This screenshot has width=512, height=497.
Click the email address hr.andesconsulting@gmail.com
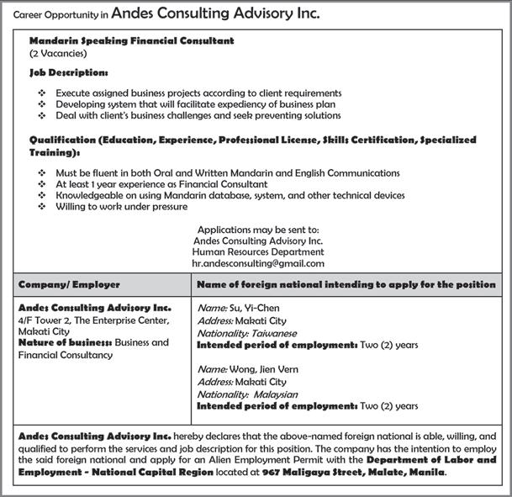pyautogui.click(x=257, y=263)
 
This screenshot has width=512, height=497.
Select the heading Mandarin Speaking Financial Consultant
pyautogui.click(x=131, y=40)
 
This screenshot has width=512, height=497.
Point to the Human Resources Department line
pyautogui.click(x=257, y=251)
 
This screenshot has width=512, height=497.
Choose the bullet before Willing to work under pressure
pyautogui.click(x=43, y=206)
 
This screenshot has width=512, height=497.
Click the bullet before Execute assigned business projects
pyautogui.click(x=43, y=93)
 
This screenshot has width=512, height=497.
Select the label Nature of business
pyautogui.click(x=65, y=343)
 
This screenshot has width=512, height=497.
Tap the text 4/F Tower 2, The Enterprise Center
pyautogui.click(x=93, y=320)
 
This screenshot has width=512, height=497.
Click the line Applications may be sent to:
pyautogui.click(x=257, y=229)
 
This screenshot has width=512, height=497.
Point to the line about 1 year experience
pyautogui.click(x=161, y=183)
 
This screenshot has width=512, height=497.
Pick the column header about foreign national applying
pyautogui.click(x=346, y=285)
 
